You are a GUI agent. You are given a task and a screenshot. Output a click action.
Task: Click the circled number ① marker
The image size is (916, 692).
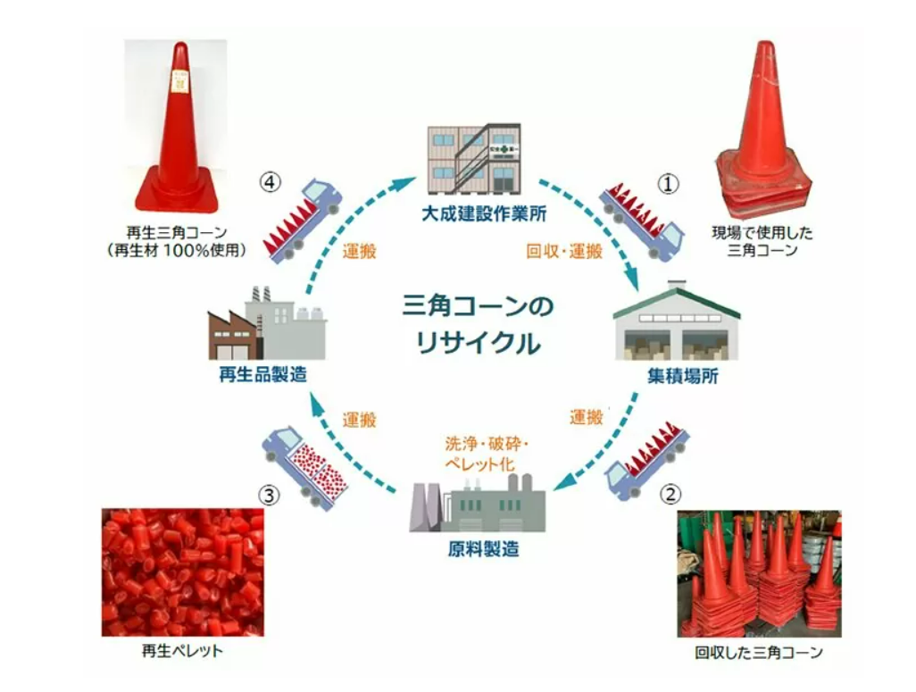coord(669,184)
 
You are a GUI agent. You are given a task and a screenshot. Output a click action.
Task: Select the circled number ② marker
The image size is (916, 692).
coord(670,495)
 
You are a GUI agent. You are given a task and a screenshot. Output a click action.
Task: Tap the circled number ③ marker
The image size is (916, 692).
coord(269,496)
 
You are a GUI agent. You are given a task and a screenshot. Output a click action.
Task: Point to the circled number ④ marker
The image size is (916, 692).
coord(270,182)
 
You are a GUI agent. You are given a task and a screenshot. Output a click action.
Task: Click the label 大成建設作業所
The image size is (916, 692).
coord(484,213)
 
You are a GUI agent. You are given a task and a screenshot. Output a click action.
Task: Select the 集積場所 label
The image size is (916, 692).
coord(682,376)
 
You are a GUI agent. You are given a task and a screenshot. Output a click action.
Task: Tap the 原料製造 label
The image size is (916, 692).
coord(483,549)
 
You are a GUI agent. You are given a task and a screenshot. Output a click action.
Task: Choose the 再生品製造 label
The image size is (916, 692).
coord(262,374)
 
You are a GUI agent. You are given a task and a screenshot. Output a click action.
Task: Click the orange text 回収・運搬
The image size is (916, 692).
coord(564,252)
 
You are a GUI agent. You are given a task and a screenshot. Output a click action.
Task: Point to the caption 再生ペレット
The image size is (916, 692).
coord(182,651)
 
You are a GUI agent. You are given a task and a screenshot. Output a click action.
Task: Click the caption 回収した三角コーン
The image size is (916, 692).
coord(758,652)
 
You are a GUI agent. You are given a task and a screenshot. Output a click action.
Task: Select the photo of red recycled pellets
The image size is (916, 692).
coord(183,572)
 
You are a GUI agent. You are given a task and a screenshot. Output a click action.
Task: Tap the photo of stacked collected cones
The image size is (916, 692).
coord(760,573)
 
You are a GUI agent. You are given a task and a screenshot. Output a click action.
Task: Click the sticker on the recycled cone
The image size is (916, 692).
coord(180,82)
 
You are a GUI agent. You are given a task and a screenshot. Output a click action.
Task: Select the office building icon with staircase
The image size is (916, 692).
coord(474,158)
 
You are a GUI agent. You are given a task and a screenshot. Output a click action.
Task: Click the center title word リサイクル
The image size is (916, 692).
coord(478,343)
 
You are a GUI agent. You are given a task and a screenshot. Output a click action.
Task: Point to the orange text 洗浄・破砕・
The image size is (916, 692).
coord(487,444)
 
